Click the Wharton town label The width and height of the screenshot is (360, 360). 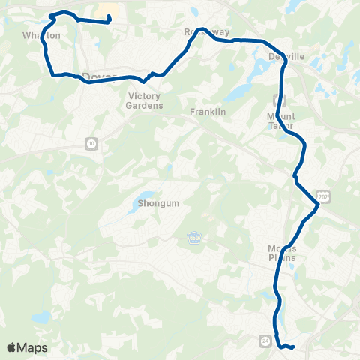pyautogui.click(x=40, y=35)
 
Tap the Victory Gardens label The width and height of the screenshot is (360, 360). pyautogui.click(x=145, y=101)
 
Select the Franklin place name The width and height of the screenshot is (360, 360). pyautogui.click(x=208, y=112)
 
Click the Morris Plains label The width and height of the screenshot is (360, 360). pyautogui.click(x=282, y=253)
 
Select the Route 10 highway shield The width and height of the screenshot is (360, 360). pyautogui.click(x=91, y=143)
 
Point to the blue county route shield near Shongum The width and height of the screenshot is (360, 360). pyautogui.click(x=193, y=237)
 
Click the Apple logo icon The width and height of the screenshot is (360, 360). pyautogui.click(x=11, y=347)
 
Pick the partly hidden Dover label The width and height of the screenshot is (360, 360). pyautogui.click(x=95, y=75)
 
